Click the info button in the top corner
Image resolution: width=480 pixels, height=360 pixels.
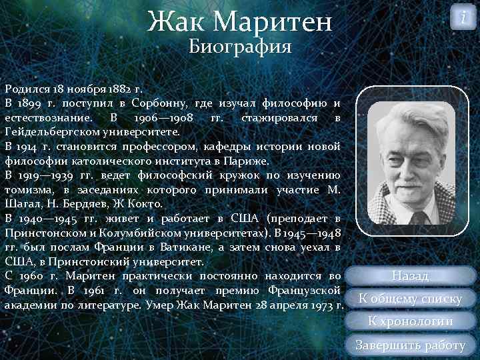point(463,17)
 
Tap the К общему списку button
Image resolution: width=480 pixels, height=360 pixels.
point(410,299)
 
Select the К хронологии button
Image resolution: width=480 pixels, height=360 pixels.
point(411,321)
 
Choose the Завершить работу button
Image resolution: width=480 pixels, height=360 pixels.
point(411,345)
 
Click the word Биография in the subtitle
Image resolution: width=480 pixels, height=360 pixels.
point(240,47)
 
